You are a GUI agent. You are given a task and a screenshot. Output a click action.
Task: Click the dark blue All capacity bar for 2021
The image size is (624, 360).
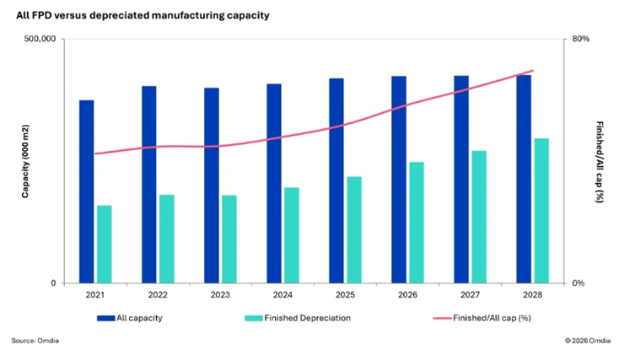pyautogui.click(x=87, y=191)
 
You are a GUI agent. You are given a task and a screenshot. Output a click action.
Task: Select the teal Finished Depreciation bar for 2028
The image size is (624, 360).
pyautogui.click(x=541, y=211)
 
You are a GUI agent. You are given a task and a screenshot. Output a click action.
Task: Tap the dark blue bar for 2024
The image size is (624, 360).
pyautogui.click(x=274, y=183)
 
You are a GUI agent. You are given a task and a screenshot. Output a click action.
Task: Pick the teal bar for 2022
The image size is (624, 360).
pyautogui.click(x=167, y=239)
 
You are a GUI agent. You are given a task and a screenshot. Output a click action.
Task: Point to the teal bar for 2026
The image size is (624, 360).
pyautogui.click(x=417, y=223)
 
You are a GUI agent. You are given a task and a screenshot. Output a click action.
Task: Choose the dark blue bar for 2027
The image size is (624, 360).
pyautogui.click(x=461, y=180)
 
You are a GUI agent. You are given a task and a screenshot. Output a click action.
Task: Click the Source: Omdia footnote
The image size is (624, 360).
pyautogui.click(x=35, y=341)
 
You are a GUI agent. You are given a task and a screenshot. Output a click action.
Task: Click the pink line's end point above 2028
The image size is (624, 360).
pyautogui.click(x=533, y=71)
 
